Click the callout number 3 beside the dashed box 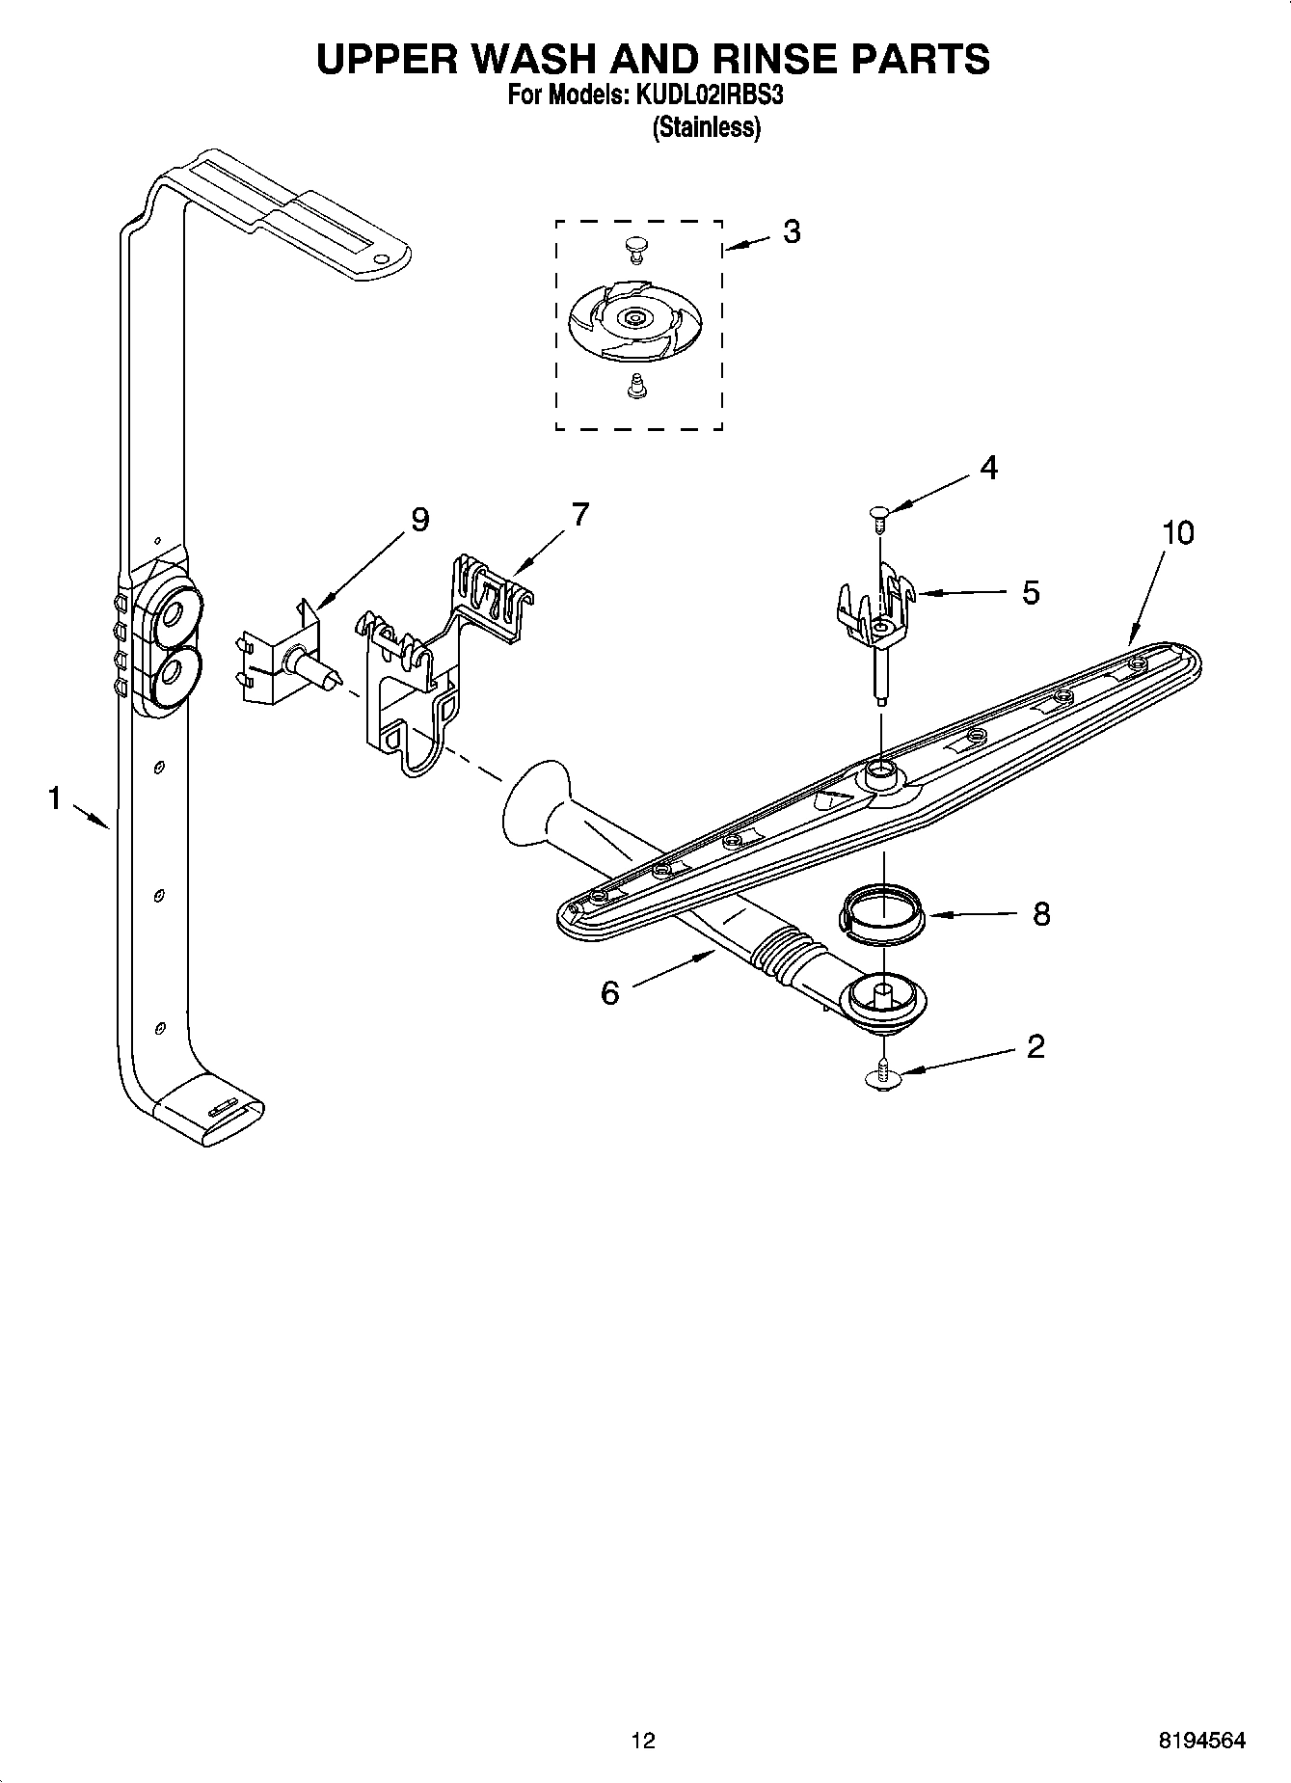(791, 231)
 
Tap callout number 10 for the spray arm (1177, 532)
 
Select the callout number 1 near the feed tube (55, 798)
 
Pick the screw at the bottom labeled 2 (882, 1076)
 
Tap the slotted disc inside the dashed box (633, 317)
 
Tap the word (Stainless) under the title (707, 127)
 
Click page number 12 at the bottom (643, 1741)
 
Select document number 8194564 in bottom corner (1201, 1741)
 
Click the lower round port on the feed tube (175, 674)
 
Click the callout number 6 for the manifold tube (609, 992)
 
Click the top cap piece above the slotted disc (634, 247)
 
